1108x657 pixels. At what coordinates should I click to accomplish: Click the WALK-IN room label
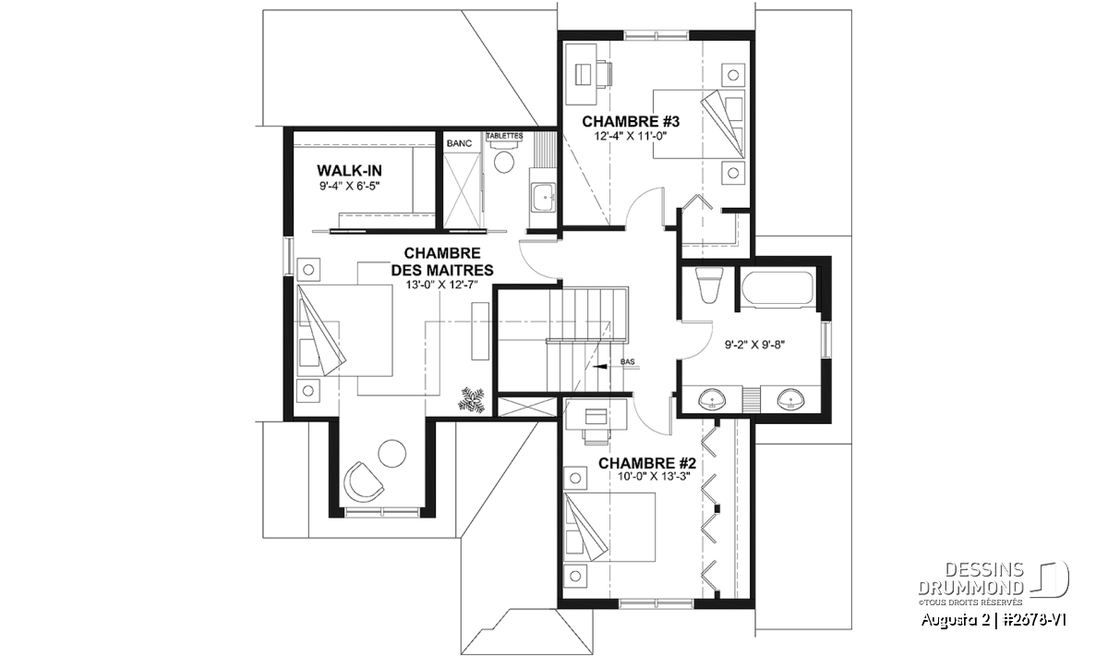pyautogui.click(x=349, y=171)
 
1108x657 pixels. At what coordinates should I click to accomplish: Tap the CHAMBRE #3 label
pyautogui.click(x=631, y=121)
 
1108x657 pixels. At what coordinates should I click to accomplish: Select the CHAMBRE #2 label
pyautogui.click(x=647, y=464)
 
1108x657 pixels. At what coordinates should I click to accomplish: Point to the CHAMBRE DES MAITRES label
pyautogui.click(x=442, y=262)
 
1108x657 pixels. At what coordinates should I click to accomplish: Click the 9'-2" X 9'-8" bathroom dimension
pyautogui.click(x=755, y=345)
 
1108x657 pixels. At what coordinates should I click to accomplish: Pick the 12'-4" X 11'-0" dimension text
pyautogui.click(x=631, y=136)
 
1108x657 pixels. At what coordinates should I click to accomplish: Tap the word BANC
pyautogui.click(x=460, y=143)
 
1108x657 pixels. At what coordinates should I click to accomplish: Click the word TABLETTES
pyautogui.click(x=504, y=136)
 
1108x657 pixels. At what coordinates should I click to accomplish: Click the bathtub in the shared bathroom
pyautogui.click(x=777, y=286)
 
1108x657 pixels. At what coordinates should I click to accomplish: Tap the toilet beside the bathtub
pyautogui.click(x=709, y=286)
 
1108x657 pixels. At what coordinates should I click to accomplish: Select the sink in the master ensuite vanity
pyautogui.click(x=544, y=198)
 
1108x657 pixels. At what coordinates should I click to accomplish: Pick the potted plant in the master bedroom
pyautogui.click(x=473, y=400)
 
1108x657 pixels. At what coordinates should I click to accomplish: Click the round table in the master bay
pyautogui.click(x=391, y=453)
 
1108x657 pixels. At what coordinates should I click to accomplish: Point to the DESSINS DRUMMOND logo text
pyautogui.click(x=970, y=578)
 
